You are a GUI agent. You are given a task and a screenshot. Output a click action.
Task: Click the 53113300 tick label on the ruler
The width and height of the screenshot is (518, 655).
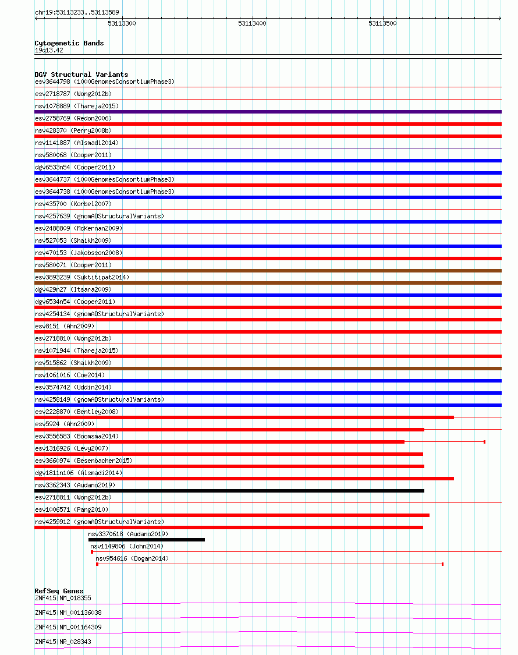pyautogui.click(x=122, y=23)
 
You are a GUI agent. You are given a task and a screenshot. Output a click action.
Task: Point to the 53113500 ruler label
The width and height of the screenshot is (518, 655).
pyautogui.click(x=382, y=23)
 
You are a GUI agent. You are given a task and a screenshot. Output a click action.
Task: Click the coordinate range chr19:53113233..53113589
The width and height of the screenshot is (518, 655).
pyautogui.click(x=77, y=12)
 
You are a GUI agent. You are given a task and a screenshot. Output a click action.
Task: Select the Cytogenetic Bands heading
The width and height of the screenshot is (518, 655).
pyautogui.click(x=69, y=43)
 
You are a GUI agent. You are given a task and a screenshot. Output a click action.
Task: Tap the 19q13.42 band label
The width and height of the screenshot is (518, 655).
pyautogui.click(x=49, y=50)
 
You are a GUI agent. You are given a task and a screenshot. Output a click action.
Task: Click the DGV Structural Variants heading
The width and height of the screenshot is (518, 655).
pyautogui.click(x=81, y=75)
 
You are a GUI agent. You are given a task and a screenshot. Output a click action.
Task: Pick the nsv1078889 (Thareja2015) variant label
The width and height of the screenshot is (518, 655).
pyautogui.click(x=76, y=106)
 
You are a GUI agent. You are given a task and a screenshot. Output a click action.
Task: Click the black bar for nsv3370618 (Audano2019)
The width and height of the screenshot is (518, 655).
pyautogui.click(x=146, y=540)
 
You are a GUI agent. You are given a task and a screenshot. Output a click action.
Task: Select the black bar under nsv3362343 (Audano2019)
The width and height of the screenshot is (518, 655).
pyautogui.click(x=229, y=491)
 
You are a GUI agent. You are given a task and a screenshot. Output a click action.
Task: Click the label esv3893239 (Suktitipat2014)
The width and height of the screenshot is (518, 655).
pyautogui.click(x=82, y=277)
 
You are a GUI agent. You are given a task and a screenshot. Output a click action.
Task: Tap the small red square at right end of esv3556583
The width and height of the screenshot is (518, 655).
pyautogui.click(x=484, y=442)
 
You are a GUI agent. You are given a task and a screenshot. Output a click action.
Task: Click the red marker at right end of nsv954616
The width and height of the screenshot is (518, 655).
pyautogui.click(x=442, y=564)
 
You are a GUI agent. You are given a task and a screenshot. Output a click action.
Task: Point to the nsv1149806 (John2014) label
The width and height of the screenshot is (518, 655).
pyautogui.click(x=127, y=546)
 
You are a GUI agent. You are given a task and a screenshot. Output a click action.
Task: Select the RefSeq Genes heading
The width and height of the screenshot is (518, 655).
pyautogui.click(x=59, y=591)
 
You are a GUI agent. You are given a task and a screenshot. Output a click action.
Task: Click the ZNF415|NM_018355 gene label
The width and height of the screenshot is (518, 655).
pyautogui.click(x=63, y=598)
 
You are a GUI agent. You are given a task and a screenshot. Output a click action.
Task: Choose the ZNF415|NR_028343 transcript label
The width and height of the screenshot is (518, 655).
pyautogui.click(x=63, y=642)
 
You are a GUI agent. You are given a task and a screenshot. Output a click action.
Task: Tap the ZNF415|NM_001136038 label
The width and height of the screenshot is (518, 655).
pyautogui.click(x=68, y=612)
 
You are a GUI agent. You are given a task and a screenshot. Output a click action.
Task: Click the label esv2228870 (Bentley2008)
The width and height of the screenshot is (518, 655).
pyautogui.click(x=76, y=412)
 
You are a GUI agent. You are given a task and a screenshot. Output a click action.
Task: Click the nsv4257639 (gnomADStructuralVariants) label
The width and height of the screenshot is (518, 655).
pyautogui.click(x=99, y=216)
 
